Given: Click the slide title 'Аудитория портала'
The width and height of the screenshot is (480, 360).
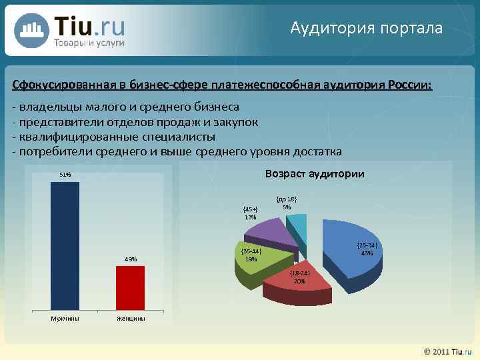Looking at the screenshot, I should click(366, 28).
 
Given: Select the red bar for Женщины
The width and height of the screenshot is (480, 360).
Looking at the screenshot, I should click(130, 287).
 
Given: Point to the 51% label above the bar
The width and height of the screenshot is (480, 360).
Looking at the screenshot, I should click(65, 175).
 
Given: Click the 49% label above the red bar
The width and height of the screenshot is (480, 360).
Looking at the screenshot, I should click(130, 259).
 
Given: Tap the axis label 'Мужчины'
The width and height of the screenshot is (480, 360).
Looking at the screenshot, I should click(65, 318).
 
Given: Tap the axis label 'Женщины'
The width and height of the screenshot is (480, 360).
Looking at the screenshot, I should click(131, 318).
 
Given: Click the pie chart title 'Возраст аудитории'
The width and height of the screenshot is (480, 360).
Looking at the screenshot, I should click(314, 174).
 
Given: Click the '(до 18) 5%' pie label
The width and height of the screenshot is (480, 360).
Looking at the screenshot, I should click(286, 203).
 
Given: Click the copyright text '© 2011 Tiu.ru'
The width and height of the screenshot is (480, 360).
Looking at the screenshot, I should click(443, 351).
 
